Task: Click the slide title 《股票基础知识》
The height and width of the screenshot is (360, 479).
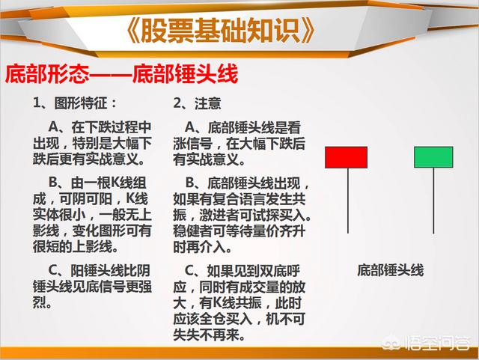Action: click(x=220, y=30)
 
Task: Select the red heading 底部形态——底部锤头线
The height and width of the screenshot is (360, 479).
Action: click(x=121, y=74)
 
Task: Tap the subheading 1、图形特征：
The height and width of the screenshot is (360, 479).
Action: click(x=75, y=103)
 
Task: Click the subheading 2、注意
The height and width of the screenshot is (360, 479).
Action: click(x=197, y=103)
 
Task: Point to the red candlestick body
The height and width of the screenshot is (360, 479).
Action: click(x=346, y=157)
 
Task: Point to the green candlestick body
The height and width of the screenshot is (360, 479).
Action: click(x=433, y=157)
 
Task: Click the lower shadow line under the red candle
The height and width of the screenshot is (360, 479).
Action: click(x=348, y=201)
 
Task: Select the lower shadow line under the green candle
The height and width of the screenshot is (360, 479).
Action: click(x=433, y=201)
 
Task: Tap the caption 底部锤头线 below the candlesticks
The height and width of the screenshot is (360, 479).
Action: click(x=391, y=270)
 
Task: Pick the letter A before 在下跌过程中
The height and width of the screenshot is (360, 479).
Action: click(x=53, y=127)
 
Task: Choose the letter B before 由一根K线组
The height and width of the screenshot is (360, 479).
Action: click(x=53, y=183)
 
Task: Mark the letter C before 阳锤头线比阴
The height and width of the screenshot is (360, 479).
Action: click(x=53, y=270)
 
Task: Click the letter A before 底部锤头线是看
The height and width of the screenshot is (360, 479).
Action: click(x=189, y=127)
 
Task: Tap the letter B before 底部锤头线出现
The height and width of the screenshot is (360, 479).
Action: click(x=189, y=183)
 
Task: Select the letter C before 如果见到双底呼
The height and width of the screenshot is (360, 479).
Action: click(x=189, y=270)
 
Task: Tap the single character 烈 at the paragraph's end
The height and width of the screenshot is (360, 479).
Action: click(x=40, y=302)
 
